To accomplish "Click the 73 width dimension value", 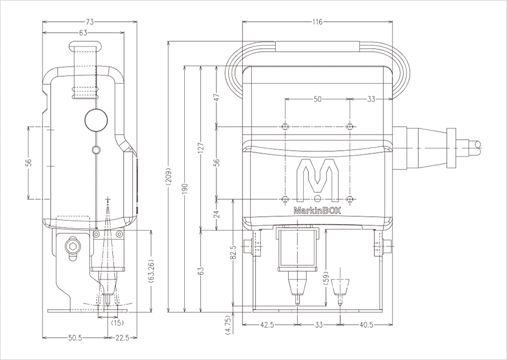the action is [x=90, y=22].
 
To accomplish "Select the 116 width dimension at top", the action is [x=317, y=22].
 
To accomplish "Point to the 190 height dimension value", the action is [x=185, y=189].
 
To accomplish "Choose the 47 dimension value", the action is [x=217, y=97].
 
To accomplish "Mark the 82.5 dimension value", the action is [x=234, y=252].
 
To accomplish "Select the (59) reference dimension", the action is [x=326, y=278].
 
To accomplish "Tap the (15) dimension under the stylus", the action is [x=117, y=323].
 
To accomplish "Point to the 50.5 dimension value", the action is [x=74, y=338].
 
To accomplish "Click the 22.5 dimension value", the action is [x=122, y=338].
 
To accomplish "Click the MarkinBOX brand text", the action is [x=317, y=211].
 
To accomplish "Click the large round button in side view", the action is [x=96, y=120].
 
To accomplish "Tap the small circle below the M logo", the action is [x=317, y=198].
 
